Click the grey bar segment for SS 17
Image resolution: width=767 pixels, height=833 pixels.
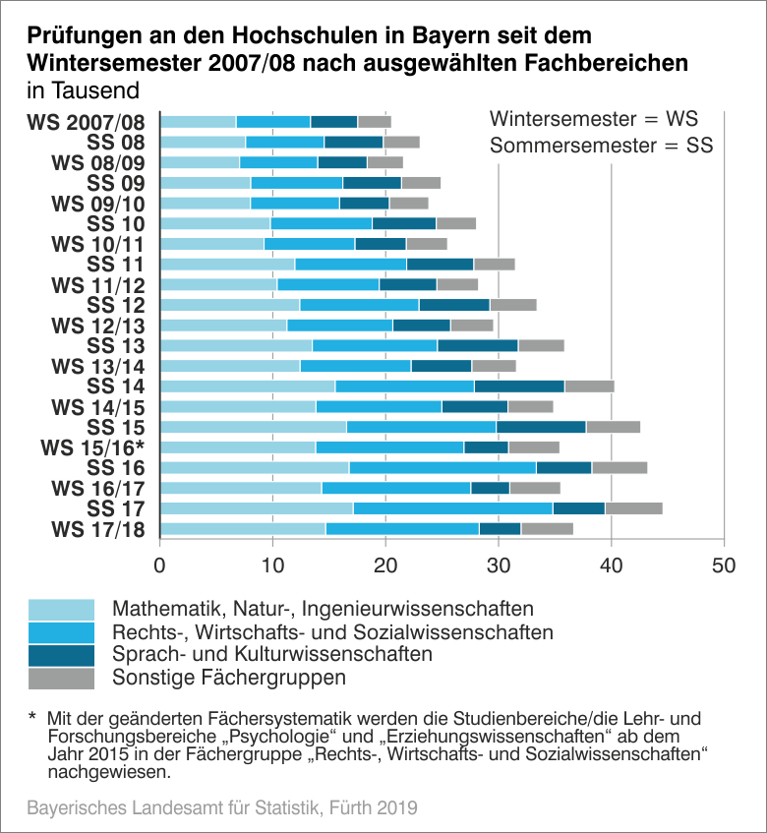click(x=633, y=508)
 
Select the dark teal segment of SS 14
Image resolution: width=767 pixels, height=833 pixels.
click(x=519, y=386)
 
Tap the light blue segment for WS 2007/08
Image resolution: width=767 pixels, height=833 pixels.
click(x=198, y=122)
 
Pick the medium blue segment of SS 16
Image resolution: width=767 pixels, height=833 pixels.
click(x=442, y=467)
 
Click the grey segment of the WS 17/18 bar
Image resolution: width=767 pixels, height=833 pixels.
click(x=547, y=529)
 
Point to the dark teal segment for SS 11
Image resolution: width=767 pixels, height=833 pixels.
click(x=440, y=264)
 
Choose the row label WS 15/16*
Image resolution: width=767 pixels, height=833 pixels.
click(x=92, y=448)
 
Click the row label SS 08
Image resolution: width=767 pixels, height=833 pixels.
click(x=116, y=143)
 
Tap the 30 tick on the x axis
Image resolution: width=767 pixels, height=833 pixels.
click(x=499, y=566)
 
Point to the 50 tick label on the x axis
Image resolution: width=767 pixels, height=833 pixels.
click(x=724, y=566)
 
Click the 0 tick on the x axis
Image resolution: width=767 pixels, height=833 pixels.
click(x=160, y=566)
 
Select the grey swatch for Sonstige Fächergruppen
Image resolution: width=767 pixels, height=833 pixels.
click(x=62, y=679)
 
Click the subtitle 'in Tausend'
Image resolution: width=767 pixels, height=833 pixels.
click(x=84, y=89)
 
